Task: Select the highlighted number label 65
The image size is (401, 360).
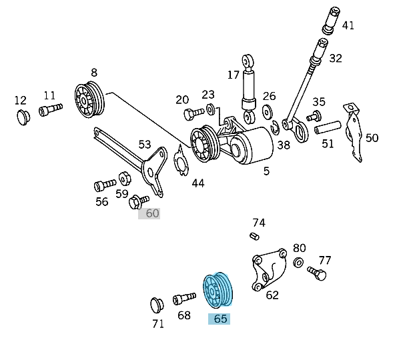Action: pyautogui.click(x=220, y=319)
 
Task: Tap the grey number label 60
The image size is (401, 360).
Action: pyautogui.click(x=152, y=213)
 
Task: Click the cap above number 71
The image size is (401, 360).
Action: pyautogui.click(x=158, y=305)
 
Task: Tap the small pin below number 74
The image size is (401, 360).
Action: pyautogui.click(x=254, y=235)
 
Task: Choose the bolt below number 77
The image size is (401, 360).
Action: pyautogui.click(x=317, y=272)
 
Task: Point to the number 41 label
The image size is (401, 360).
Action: pyautogui.click(x=348, y=26)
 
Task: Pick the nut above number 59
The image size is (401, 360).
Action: pyautogui.click(x=124, y=178)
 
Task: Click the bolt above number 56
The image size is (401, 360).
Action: pyautogui.click(x=104, y=183)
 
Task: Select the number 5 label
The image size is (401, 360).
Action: pyautogui.click(x=266, y=171)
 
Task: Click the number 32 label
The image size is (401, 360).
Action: pyautogui.click(x=335, y=59)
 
